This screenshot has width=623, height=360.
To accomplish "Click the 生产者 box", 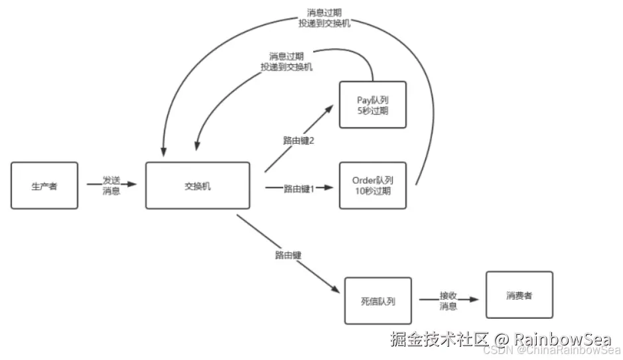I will (44, 186).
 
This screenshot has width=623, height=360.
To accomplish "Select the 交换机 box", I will (198, 186).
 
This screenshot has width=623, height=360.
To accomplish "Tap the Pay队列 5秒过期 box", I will (372, 105).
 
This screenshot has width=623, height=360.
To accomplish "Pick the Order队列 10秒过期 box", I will (372, 186).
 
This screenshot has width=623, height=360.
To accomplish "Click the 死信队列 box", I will (378, 300).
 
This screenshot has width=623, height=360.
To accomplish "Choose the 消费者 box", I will (519, 295).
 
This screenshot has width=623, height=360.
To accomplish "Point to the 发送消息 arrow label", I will (111, 186).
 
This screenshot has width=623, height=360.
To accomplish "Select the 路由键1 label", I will (299, 189).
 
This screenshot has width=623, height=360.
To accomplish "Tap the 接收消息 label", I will (449, 300).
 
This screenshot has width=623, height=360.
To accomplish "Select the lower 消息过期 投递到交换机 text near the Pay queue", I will (287, 62).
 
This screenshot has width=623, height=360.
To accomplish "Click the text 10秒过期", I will (372, 191).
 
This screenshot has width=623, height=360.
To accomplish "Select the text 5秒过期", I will (372, 110).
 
